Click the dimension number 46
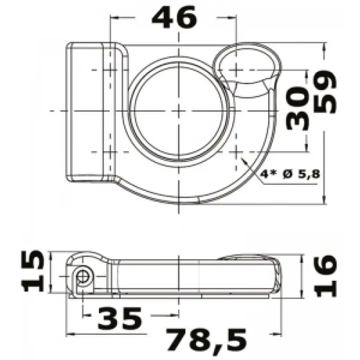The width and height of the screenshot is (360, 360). coord(175,17)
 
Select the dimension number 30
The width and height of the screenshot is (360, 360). coord(297,108)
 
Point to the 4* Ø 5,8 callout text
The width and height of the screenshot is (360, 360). coord(290,174)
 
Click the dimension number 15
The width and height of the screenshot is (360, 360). coord(32,271)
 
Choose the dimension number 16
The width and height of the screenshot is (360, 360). coord(325,275)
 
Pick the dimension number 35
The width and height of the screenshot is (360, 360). coord(120,318)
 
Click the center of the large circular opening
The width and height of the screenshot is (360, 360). coord(179,111)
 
